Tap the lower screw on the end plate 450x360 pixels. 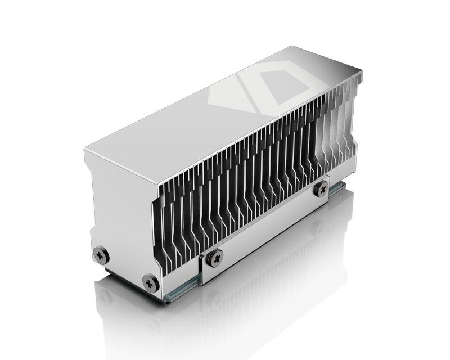tap(150, 282)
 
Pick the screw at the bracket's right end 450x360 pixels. tap(321, 187)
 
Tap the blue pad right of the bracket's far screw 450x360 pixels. tap(337, 188)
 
